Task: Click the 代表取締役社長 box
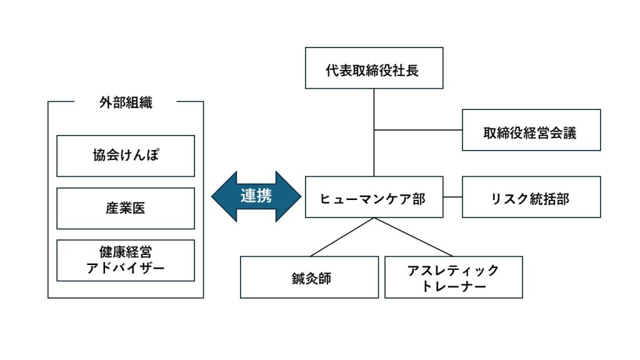[x=374, y=67]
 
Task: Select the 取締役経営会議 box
[x=531, y=130]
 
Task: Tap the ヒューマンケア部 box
[x=374, y=197]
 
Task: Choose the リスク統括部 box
[x=531, y=197]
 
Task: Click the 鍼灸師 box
[x=309, y=277]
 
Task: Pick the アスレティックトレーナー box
[x=454, y=277]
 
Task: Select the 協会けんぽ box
[x=126, y=156]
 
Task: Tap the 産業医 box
[x=126, y=208]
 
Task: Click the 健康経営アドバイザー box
[x=126, y=261]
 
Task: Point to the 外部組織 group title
[x=126, y=102]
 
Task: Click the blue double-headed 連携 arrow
[x=256, y=196]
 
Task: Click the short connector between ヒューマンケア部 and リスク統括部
[x=452, y=197]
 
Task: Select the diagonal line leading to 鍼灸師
[x=342, y=237]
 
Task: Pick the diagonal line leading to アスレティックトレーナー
[x=414, y=237]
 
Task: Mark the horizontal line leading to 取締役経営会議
[x=418, y=130]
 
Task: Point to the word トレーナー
[x=454, y=286]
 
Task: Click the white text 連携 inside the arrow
[x=256, y=196]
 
